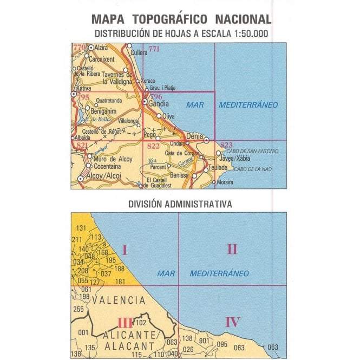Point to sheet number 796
click(x=156, y=96)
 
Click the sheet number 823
click(x=226, y=145)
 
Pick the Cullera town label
click(x=139, y=53)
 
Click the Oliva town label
click(x=169, y=116)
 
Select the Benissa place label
click(x=179, y=175)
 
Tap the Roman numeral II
click(x=232, y=249)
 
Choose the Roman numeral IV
click(x=232, y=323)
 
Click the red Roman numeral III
click(x=125, y=323)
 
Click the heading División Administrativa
click(x=180, y=205)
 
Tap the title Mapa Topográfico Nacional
click(x=181, y=19)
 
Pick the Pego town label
click(x=149, y=133)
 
